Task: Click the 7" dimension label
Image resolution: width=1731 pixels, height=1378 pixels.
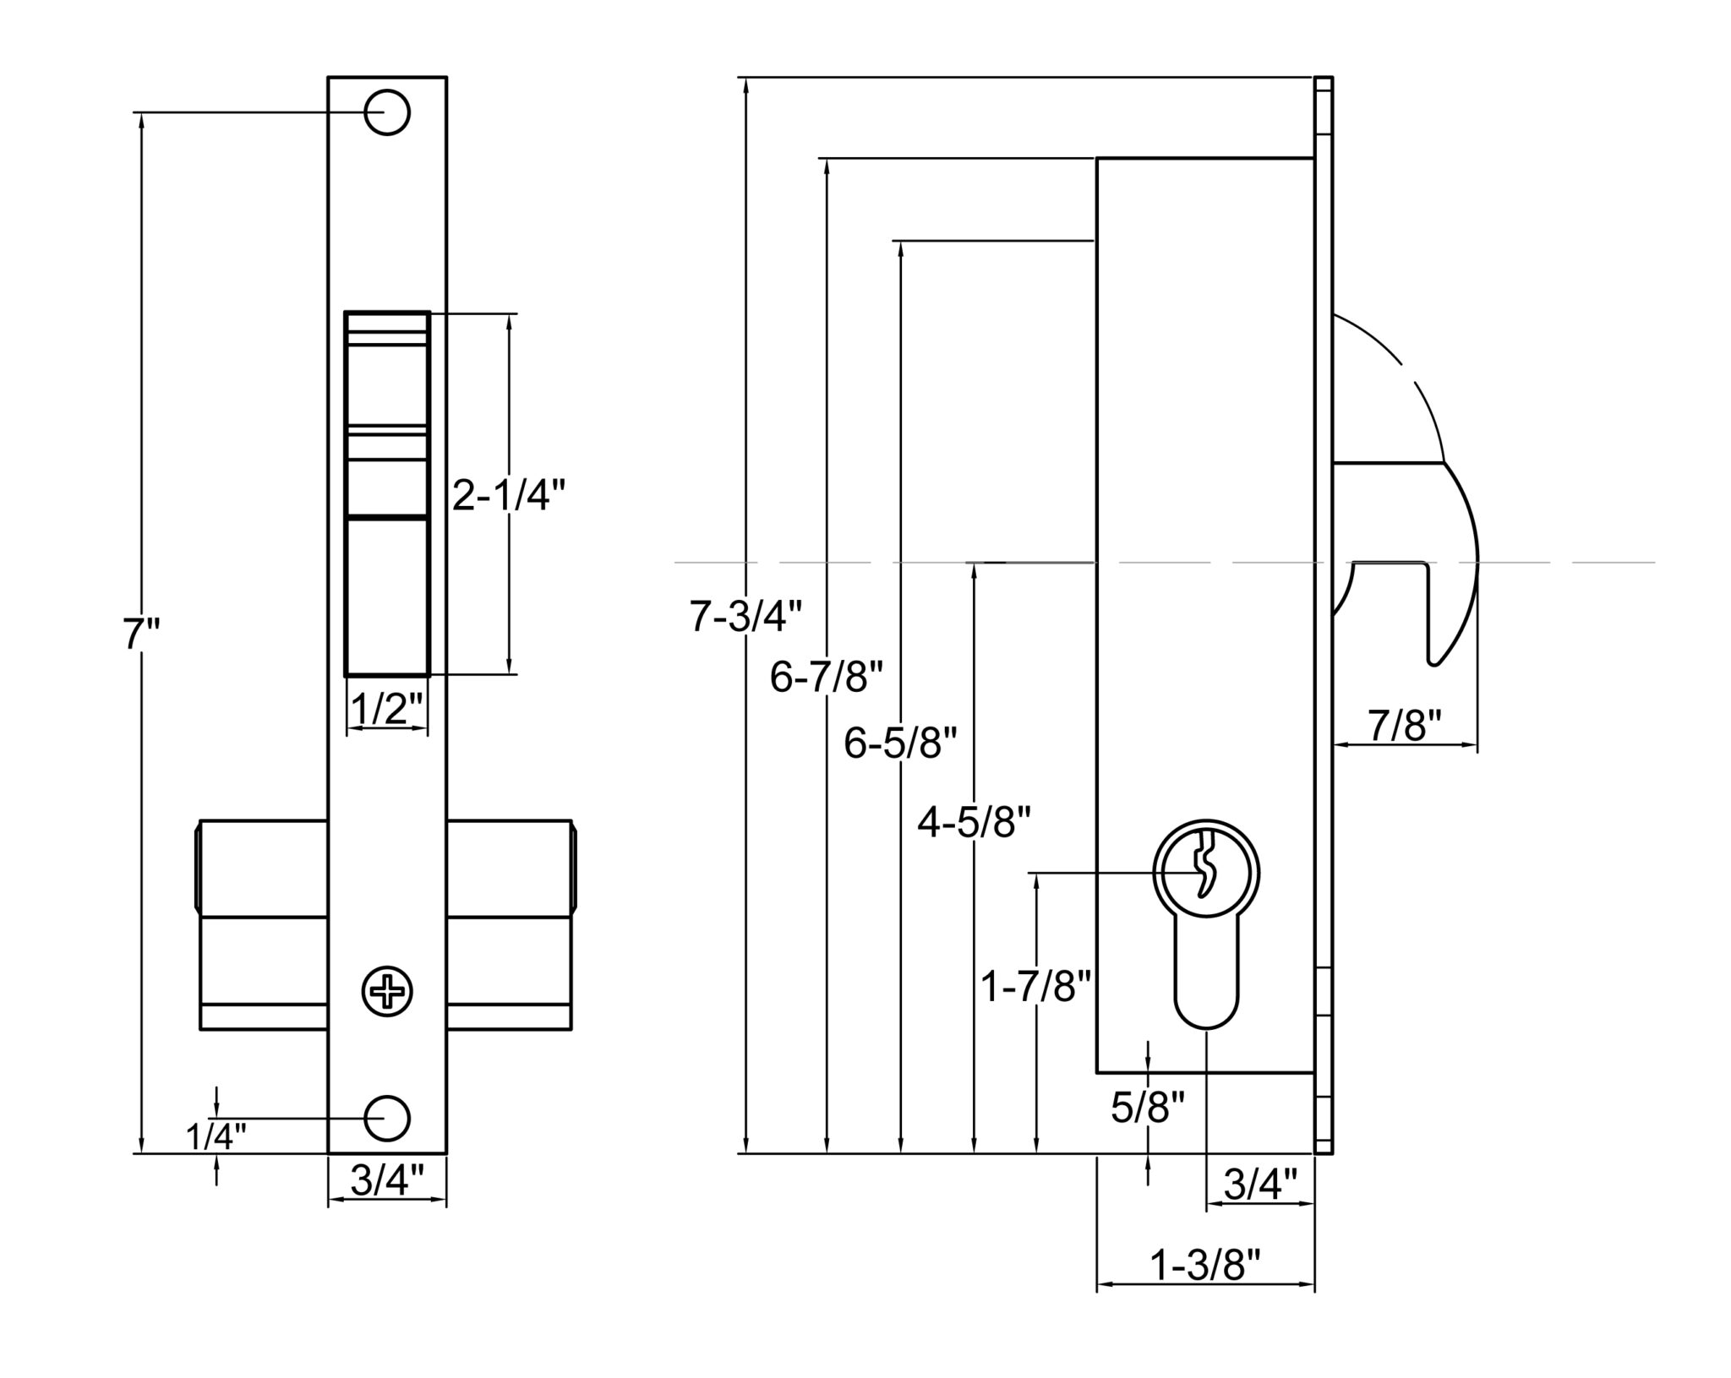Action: pyautogui.click(x=141, y=635)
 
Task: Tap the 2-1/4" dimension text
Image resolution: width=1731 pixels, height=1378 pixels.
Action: pyautogui.click(x=508, y=497)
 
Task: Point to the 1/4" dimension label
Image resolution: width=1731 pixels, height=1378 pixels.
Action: pyautogui.click(x=216, y=1137)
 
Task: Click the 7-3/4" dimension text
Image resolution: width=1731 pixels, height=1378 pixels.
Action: pyautogui.click(x=745, y=616)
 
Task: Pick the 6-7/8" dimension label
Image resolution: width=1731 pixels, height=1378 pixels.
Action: pyautogui.click(x=827, y=678)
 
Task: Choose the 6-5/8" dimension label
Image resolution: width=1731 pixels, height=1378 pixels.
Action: pyautogui.click(x=900, y=744)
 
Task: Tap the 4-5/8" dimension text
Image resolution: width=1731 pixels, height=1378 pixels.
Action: pyautogui.click(x=975, y=822)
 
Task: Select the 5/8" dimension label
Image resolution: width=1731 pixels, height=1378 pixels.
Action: pyautogui.click(x=1147, y=1108)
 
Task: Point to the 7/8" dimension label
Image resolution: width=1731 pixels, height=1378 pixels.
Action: pyautogui.click(x=1404, y=726)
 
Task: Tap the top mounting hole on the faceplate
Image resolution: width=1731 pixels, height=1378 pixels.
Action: pyautogui.click(x=387, y=112)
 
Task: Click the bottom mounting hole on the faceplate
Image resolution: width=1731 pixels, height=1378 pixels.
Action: pyautogui.click(x=387, y=1118)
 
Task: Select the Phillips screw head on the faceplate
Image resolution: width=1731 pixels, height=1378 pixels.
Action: pyautogui.click(x=387, y=990)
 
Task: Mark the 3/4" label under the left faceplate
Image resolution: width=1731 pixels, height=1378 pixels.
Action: pyautogui.click(x=386, y=1180)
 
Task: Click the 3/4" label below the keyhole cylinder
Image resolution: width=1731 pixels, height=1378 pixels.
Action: pyautogui.click(x=1260, y=1185)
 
